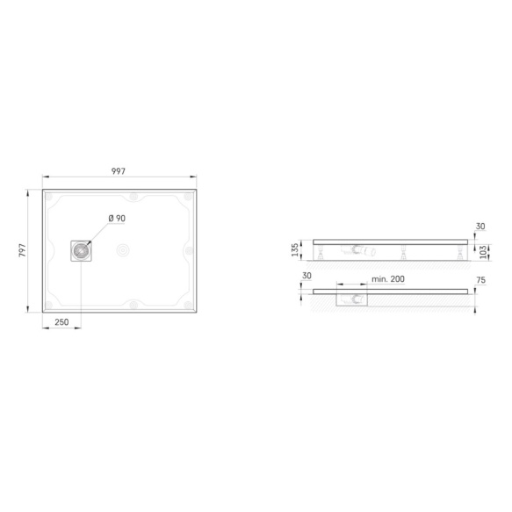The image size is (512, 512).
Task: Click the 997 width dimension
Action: point(119,171)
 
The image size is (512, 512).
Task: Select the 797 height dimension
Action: point(22,250)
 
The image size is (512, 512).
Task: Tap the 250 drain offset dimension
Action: point(61,322)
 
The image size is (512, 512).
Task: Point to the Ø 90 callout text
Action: point(117,218)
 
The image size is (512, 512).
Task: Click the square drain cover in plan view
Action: point(81,251)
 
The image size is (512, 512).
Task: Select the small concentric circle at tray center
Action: point(123,250)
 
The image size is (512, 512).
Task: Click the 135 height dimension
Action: point(294,249)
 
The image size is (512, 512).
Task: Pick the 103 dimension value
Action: point(484,252)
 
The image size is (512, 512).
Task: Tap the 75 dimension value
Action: point(481,280)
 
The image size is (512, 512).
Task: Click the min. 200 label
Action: point(388,279)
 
